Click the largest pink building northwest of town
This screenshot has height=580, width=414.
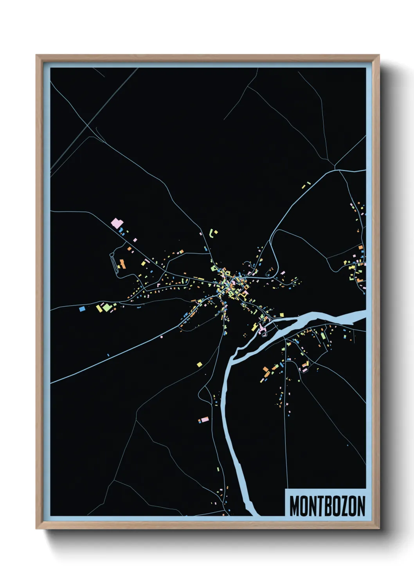117,223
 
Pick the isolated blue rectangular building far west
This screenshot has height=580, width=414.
82,309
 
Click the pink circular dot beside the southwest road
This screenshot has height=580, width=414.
162,337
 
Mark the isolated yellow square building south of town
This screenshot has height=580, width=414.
200,364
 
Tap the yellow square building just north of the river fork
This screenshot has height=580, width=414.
281,315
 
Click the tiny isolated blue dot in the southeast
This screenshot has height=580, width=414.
347,446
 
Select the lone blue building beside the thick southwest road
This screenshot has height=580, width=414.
108,355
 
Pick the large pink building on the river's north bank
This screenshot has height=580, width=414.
261,328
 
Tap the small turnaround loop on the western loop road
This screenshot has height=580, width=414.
118,266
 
